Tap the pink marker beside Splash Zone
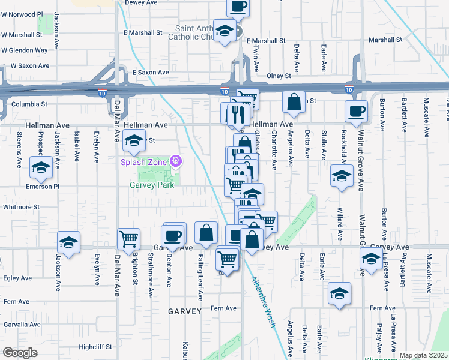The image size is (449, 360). [x=175, y=161]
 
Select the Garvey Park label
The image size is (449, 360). [x=152, y=185]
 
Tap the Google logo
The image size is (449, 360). [x=20, y=353]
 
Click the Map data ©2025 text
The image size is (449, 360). [x=423, y=355]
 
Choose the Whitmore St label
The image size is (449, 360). [x=20, y=207]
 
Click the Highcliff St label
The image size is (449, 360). [x=95, y=347]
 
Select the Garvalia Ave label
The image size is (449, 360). [x=21, y=324]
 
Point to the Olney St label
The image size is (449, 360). [x=279, y=76]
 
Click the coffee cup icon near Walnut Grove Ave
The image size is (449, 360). [x=357, y=111]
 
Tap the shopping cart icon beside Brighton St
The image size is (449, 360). [x=129, y=239]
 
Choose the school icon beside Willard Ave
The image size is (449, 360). [x=342, y=176]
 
